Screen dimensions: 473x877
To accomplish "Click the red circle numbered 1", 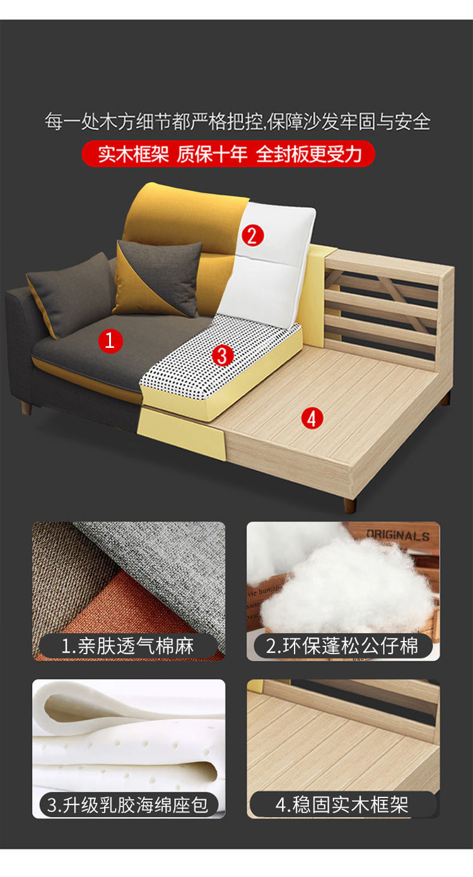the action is click(x=110, y=340).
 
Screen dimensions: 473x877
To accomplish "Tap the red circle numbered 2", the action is click(x=252, y=236).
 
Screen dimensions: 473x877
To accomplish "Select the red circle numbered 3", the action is click(x=223, y=356).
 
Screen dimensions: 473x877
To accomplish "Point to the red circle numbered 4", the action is click(x=312, y=419).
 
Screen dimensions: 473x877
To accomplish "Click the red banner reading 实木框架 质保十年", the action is click(x=228, y=154).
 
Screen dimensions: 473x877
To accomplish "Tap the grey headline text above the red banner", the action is click(x=237, y=121).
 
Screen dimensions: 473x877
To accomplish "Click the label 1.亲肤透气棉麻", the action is click(x=128, y=646).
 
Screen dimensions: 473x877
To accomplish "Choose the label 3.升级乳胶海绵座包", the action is click(x=128, y=806).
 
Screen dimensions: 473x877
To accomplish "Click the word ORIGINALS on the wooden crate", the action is click(x=398, y=535).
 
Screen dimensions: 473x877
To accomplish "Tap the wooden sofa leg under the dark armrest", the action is click(x=26, y=407).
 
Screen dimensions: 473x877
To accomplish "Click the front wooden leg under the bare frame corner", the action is click(x=350, y=505).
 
